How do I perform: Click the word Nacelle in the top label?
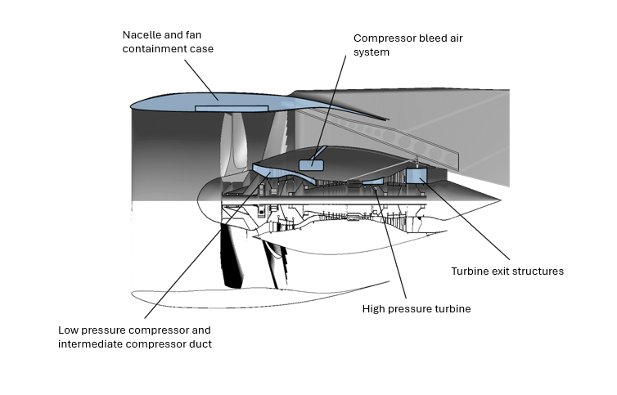142,35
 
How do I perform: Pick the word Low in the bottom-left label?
69,330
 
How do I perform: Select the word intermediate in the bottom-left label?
88,344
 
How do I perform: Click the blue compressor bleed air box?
311,164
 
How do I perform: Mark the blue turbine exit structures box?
417,174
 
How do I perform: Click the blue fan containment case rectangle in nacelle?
232,108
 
